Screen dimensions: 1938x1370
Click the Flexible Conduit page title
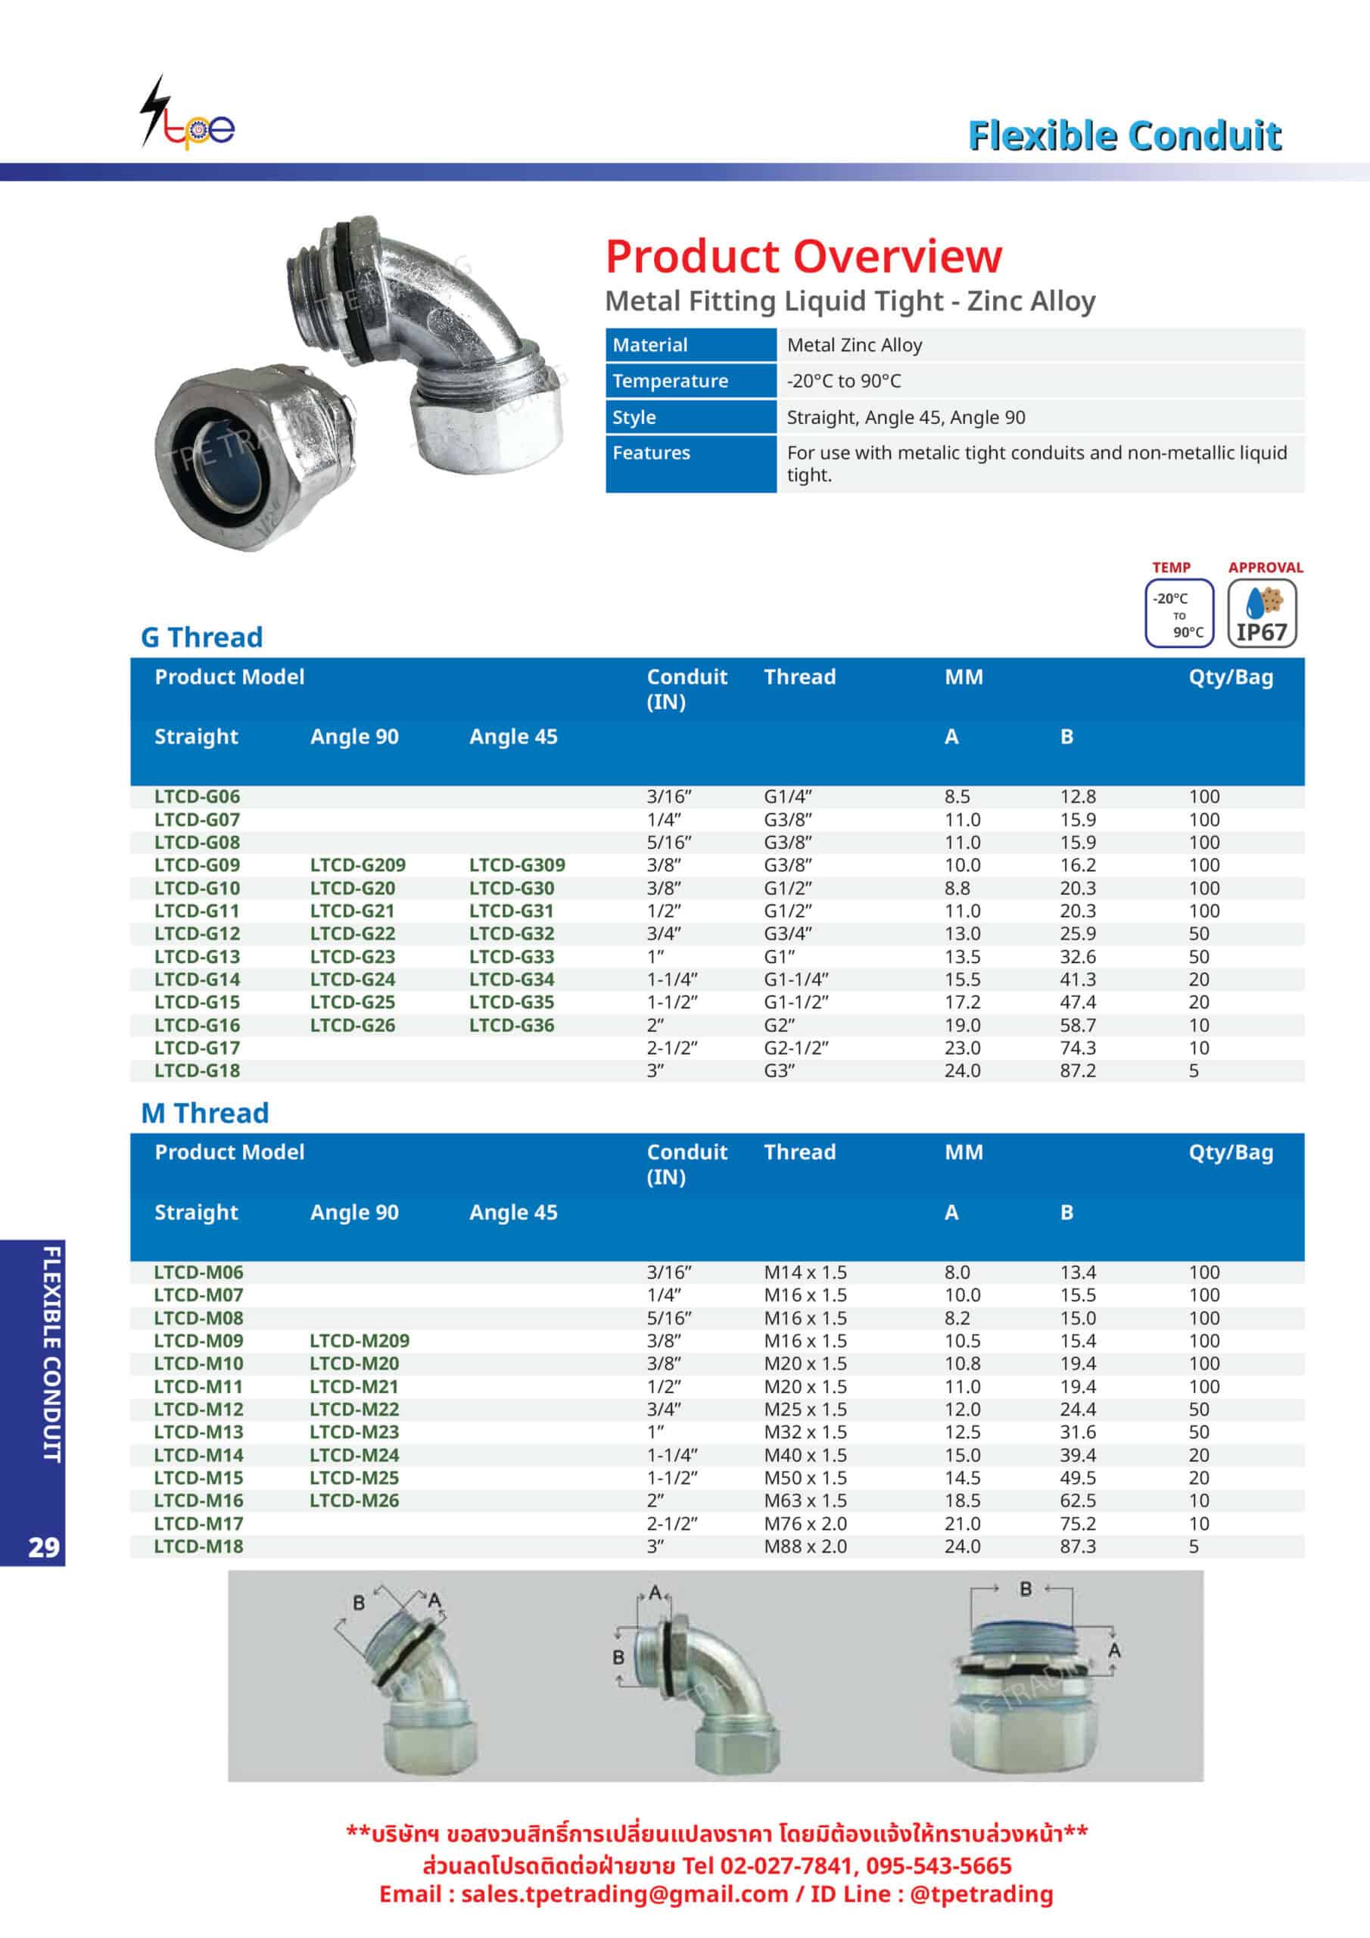tap(1123, 136)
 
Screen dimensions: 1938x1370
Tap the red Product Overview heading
tap(803, 257)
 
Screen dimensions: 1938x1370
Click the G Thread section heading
tap(202, 637)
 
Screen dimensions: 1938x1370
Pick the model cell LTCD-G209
tap(357, 865)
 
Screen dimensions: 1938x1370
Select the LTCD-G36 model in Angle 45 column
tap(512, 1026)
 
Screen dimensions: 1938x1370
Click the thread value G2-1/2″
tap(796, 1048)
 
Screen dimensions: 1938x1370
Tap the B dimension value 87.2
tap(1078, 1071)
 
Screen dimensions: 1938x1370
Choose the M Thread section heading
tap(205, 1114)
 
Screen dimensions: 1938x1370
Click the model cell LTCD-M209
tap(359, 1341)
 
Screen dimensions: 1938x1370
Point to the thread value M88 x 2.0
tap(805, 1547)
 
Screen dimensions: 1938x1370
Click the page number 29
tap(44, 1547)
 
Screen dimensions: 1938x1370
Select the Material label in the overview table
tap(650, 345)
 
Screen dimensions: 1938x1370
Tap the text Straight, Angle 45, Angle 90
tap(906, 418)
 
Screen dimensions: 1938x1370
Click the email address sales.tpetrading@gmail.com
tap(624, 1894)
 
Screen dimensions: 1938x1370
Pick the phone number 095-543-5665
tap(938, 1865)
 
